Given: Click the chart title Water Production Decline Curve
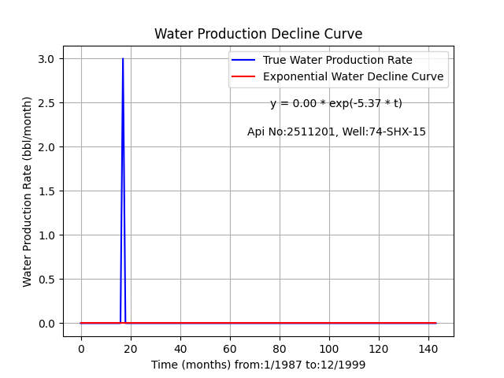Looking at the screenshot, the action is pos(258,34).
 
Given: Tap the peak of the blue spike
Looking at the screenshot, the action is pos(123,58).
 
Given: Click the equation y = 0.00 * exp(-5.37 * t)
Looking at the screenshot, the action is pos(336,103).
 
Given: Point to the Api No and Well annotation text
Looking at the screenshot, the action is pos(336,132).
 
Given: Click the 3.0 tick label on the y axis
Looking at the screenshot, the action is pos(46,59).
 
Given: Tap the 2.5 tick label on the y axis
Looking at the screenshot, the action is pos(46,103).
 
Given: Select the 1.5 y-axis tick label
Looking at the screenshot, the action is pos(46,191).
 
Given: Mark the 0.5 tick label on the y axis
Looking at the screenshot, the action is pos(46,280).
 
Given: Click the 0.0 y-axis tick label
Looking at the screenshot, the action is pos(46,324).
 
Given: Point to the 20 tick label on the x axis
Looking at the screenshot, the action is pos(131,349).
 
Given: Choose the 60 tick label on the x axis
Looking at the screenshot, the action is pos(230,349).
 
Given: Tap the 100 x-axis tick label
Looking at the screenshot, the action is pos(329,349).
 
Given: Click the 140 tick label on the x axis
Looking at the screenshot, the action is pos(428,349).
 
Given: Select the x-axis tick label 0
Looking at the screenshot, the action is pos(81,349).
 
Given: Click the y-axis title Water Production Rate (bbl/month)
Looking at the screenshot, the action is pos(27,191).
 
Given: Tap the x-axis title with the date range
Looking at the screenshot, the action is pos(258,365).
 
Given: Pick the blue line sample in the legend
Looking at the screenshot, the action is pos(243,60).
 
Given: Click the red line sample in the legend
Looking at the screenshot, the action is pos(243,76).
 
